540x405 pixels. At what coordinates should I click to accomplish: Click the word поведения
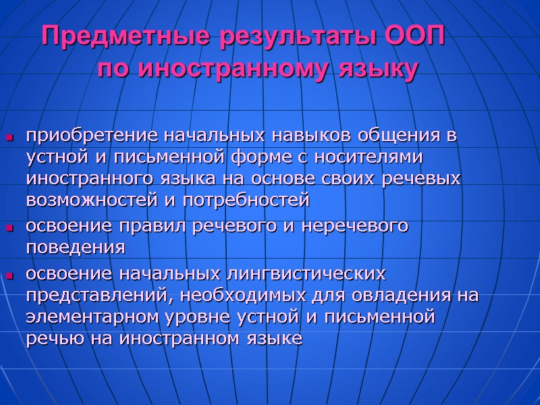click(x=75, y=248)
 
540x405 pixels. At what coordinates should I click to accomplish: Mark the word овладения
click(x=386, y=296)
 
